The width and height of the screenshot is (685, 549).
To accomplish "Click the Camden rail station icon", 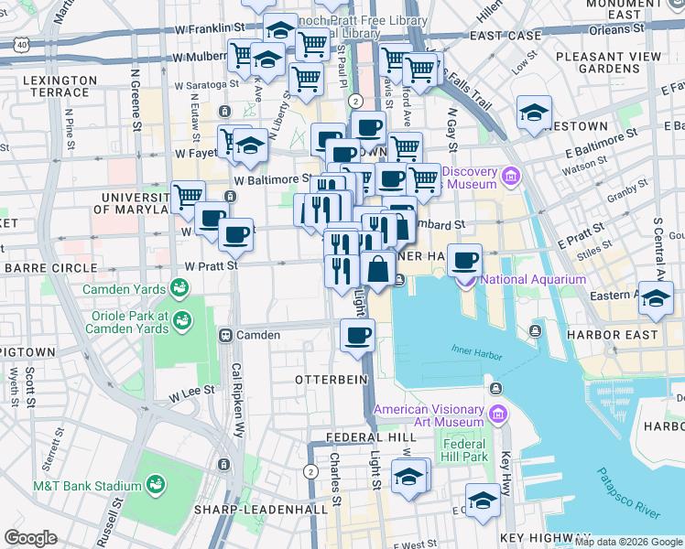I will [224, 335].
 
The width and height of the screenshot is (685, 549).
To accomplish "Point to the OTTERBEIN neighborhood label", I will [323, 378].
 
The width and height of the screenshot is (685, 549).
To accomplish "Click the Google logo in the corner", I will [30, 538].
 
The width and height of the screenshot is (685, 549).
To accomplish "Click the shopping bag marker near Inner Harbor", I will [377, 269].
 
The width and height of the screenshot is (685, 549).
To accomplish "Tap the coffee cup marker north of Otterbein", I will [357, 334].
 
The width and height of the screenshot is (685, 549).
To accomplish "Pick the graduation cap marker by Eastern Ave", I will [655, 299].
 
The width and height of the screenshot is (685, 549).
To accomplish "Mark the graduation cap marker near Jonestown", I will [534, 113].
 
